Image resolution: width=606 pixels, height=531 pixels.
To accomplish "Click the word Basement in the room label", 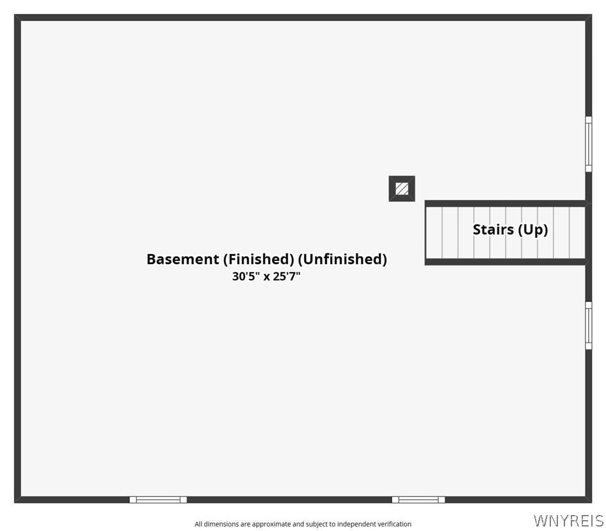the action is pos(182,259).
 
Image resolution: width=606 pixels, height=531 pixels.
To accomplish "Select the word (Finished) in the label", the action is pos(259,259).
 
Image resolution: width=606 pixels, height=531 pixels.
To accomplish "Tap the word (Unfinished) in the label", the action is pos(342,259).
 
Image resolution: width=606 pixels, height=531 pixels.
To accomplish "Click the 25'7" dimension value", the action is pos(287,276).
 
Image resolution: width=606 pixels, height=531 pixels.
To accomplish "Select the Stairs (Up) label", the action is pos(510,230).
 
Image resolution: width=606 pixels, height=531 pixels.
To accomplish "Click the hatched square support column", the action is pos(402,189).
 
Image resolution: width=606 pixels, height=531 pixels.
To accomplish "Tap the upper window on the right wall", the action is pos(589,144).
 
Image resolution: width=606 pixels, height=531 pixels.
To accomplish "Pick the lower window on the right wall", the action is pos(589,326).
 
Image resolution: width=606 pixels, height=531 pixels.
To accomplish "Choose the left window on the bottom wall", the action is pos(158,500).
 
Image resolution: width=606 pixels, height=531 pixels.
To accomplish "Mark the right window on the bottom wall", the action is pos(418,500).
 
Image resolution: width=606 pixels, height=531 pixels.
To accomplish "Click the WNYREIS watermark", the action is pos(568,521).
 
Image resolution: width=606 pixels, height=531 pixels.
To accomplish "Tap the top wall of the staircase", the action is pos(506,203).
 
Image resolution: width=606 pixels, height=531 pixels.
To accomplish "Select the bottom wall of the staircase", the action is pos(506,262).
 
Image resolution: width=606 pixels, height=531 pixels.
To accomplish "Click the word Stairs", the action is pos(493,230).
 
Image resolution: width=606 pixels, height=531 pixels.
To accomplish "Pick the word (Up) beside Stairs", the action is pos(533,230).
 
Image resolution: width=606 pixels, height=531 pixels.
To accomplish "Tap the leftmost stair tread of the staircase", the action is pos(434,233).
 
